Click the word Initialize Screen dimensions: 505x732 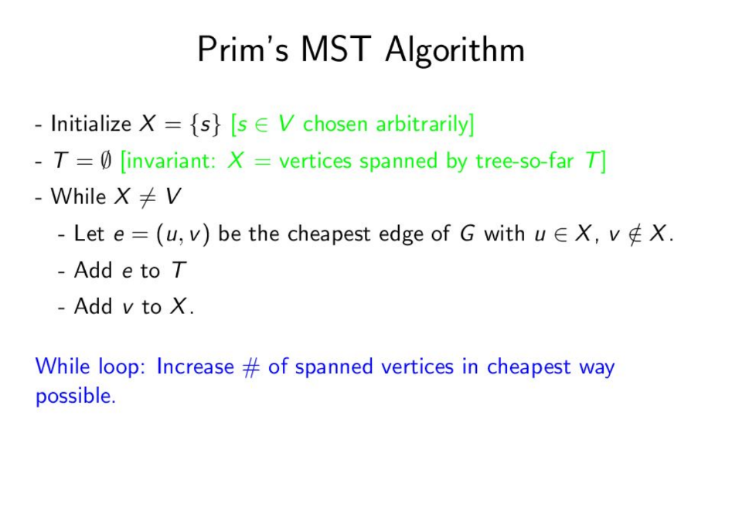[90, 124]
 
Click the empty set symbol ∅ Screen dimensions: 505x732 [106, 160]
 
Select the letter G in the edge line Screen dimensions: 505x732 [466, 234]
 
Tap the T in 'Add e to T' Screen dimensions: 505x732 [179, 270]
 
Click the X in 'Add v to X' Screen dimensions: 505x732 [177, 306]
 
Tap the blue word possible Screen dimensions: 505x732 [75, 398]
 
